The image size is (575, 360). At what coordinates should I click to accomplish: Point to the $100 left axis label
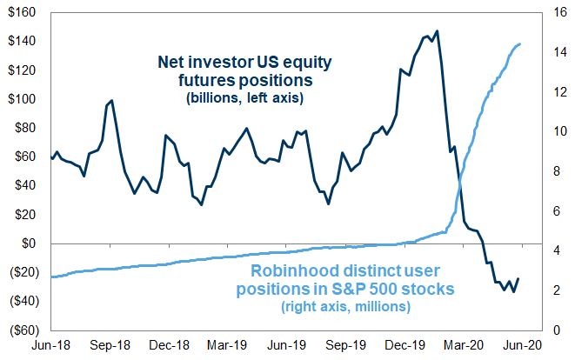tap(22, 98)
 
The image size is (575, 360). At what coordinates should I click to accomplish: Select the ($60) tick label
tap(23, 330)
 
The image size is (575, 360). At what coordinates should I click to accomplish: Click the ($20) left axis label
tap(23, 272)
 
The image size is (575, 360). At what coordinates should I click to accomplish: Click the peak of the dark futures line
tap(436, 31)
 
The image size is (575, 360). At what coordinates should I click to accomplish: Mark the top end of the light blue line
tap(520, 44)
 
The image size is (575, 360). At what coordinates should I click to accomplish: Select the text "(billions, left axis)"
tap(244, 99)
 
